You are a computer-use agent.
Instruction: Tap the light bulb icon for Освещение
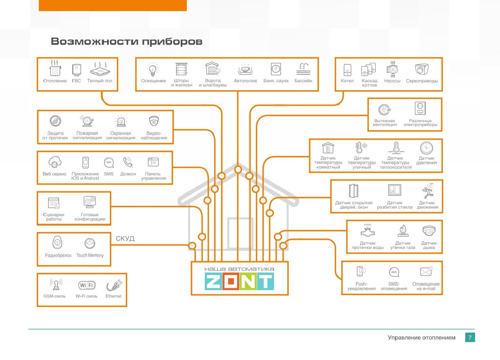pos(153,69)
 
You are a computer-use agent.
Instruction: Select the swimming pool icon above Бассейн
pos(303,69)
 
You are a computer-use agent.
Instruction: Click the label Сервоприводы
pos(422,81)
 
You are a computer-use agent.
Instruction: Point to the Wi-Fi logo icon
pos(87,285)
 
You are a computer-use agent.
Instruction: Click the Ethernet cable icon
pos(114,285)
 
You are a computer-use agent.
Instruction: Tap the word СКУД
pos(125,239)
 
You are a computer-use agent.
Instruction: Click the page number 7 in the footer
pos(470,337)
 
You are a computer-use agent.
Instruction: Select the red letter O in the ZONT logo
pos(231,282)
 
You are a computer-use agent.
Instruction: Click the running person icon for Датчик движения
pos(427,191)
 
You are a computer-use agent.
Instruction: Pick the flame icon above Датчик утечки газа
pos(403,230)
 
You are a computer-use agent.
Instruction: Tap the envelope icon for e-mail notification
pos(426,271)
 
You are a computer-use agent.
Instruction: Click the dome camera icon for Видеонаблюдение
pos(154,121)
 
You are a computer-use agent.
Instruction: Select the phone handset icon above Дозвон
pos(128,162)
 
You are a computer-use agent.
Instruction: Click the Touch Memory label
pos(90,255)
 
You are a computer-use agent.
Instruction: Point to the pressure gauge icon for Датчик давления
pos(426,148)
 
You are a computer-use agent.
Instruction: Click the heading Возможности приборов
pos(127,42)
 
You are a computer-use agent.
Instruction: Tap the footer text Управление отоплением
pos(422,338)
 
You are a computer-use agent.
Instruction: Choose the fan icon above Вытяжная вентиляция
pos(384,110)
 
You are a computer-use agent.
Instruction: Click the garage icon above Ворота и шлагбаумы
pos(213,68)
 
